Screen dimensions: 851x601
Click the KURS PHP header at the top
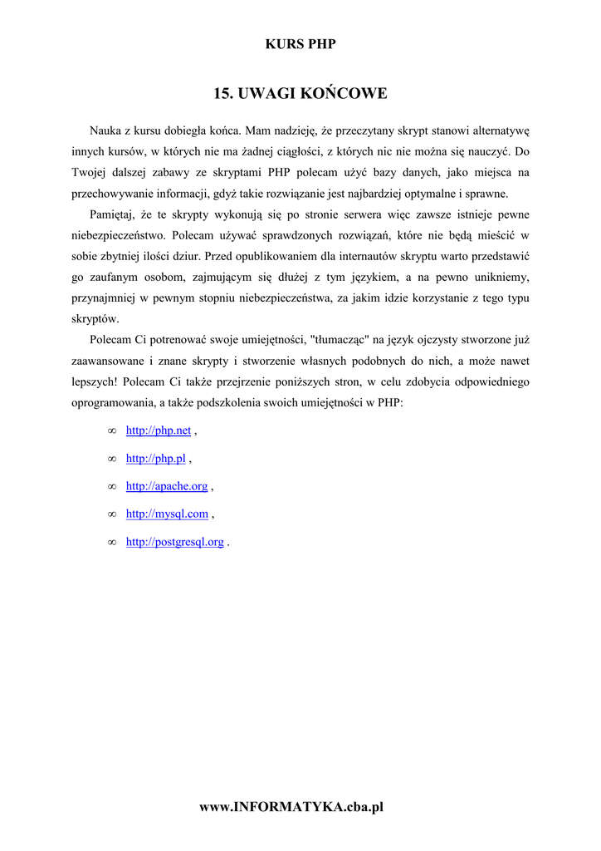[300, 44]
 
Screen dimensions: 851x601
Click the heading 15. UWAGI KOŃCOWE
[300, 93]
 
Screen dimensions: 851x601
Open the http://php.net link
[159, 430]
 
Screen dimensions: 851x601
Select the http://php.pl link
[155, 459]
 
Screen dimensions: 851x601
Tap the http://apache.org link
[167, 486]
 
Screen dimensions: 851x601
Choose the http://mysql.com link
[167, 514]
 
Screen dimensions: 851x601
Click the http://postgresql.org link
[175, 542]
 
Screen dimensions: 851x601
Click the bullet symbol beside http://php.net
[111, 431]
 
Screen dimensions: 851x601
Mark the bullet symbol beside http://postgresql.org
[111, 543]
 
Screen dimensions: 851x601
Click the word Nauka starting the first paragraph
[105, 130]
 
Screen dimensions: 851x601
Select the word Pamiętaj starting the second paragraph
[114, 214]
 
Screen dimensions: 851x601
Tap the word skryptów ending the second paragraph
[95, 318]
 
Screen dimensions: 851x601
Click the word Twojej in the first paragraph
[89, 173]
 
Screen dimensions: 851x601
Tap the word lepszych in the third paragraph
[95, 382]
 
